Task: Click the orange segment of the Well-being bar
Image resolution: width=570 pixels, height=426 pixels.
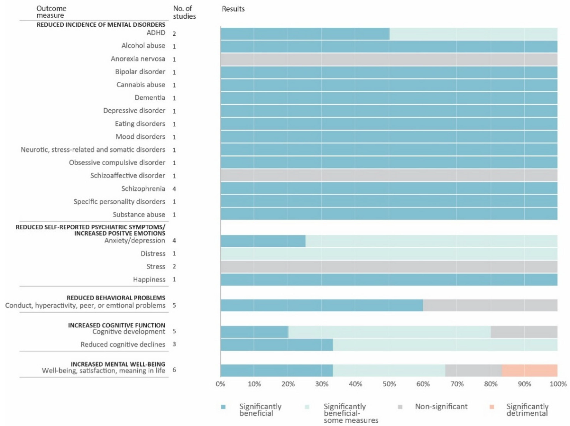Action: point(530,370)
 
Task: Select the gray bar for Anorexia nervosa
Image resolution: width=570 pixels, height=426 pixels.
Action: point(389,59)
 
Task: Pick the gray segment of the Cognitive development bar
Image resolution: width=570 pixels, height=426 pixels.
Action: point(524,332)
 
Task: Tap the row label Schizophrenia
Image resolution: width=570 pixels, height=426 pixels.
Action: point(143,189)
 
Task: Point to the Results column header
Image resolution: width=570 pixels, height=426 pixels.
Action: point(233,9)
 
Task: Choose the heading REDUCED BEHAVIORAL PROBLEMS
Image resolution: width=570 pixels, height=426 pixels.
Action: point(116,298)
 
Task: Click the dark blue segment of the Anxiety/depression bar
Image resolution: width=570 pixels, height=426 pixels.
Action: point(263,241)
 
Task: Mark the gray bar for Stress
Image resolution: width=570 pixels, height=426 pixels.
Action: point(389,266)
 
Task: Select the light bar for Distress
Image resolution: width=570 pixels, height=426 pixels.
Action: point(389,254)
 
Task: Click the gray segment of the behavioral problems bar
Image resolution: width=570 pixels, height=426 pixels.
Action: point(490,305)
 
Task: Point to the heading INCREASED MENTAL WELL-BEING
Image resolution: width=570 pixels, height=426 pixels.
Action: point(118,364)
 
